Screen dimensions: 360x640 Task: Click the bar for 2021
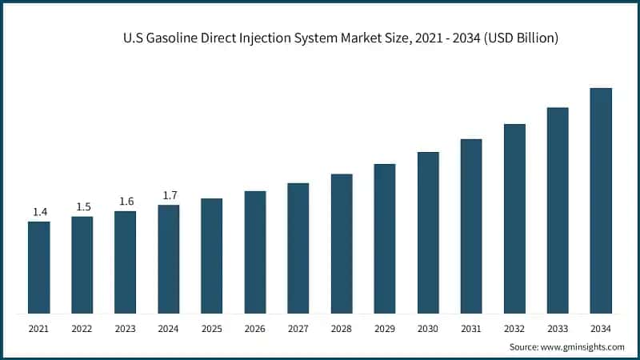tap(38, 267)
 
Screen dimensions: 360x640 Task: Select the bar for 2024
tap(168, 259)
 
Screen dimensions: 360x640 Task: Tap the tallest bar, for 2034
tap(601, 201)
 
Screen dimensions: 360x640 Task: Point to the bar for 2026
tap(255, 252)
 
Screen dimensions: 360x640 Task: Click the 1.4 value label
tap(39, 212)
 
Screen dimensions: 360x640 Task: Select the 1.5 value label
tap(83, 207)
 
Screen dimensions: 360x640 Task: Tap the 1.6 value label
tap(126, 202)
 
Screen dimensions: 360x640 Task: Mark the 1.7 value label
tap(170, 195)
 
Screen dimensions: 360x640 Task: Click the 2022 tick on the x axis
tap(82, 328)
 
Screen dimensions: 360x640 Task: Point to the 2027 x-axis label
tap(298, 328)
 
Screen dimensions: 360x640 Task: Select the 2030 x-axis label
tap(428, 328)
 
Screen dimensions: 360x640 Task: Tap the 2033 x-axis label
tap(558, 328)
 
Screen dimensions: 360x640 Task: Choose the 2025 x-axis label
tap(211, 328)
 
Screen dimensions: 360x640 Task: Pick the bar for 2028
tap(342, 243)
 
